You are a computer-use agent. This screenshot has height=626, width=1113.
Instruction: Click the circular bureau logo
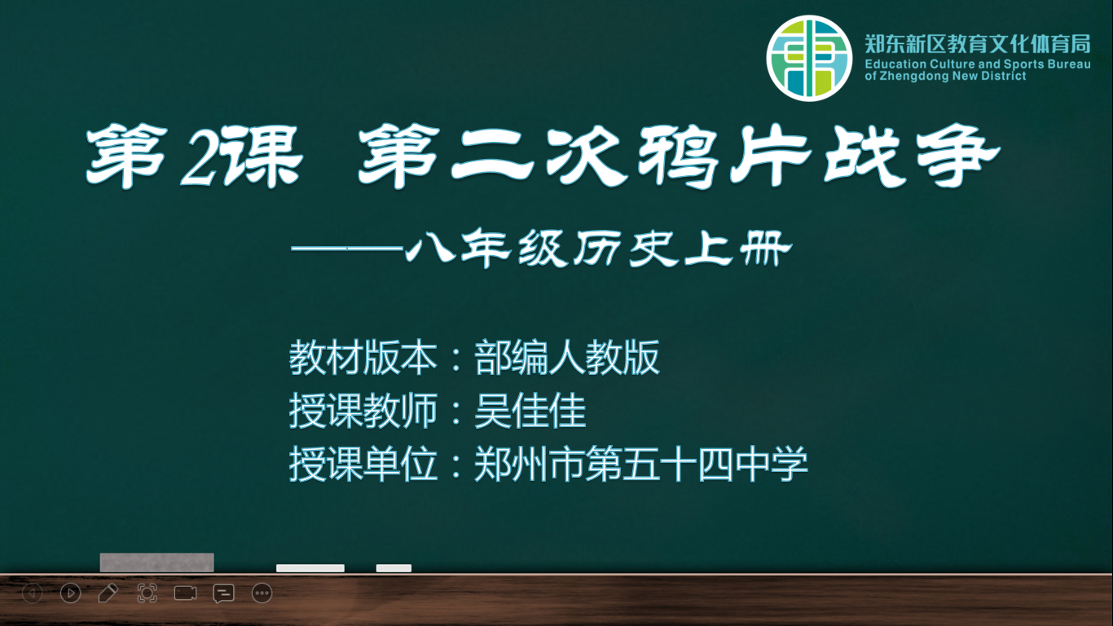809,58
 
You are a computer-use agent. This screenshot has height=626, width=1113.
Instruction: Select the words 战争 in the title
911,156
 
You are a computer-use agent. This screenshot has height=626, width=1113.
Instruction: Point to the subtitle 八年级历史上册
599,248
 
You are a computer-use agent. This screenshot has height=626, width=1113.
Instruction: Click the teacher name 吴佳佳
530,411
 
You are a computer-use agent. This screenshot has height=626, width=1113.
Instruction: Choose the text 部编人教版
567,357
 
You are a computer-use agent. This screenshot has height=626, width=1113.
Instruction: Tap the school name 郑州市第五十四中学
641,464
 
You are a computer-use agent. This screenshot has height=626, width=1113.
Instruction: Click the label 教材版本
363,357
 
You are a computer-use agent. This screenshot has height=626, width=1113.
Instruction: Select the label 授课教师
363,411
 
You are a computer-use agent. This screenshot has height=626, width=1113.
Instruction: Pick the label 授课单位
363,464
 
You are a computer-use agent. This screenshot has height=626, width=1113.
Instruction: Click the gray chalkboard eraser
157,562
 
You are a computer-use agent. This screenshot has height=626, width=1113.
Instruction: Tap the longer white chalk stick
310,568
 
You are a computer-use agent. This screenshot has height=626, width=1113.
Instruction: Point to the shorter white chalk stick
394,568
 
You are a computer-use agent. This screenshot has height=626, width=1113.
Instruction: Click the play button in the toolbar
71,593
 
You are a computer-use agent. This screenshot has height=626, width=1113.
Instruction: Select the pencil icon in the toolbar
108,593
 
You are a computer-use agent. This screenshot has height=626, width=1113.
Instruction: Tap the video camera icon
185,593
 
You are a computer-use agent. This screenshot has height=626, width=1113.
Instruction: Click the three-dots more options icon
262,593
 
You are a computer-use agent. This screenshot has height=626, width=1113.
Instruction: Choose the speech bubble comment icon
223,593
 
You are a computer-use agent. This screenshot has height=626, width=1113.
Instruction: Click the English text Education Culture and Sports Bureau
978,64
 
